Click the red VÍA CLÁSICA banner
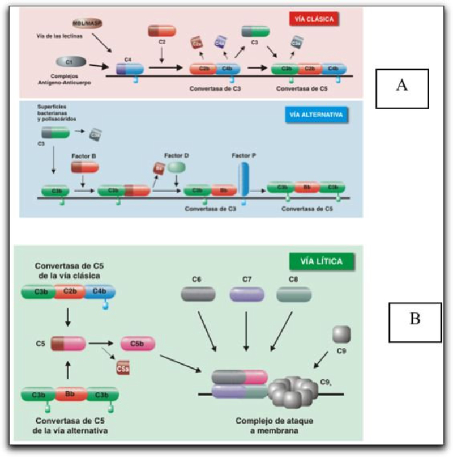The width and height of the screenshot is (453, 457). tap(313, 19)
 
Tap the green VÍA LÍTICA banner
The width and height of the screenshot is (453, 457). tap(322, 261)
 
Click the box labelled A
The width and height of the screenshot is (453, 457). tap(402, 88)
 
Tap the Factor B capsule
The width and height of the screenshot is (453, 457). tap(85, 167)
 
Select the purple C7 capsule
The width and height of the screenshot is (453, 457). tap(247, 294)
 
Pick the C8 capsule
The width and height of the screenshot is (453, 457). tap(294, 294)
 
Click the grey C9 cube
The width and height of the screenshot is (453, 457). tap(341, 334)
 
